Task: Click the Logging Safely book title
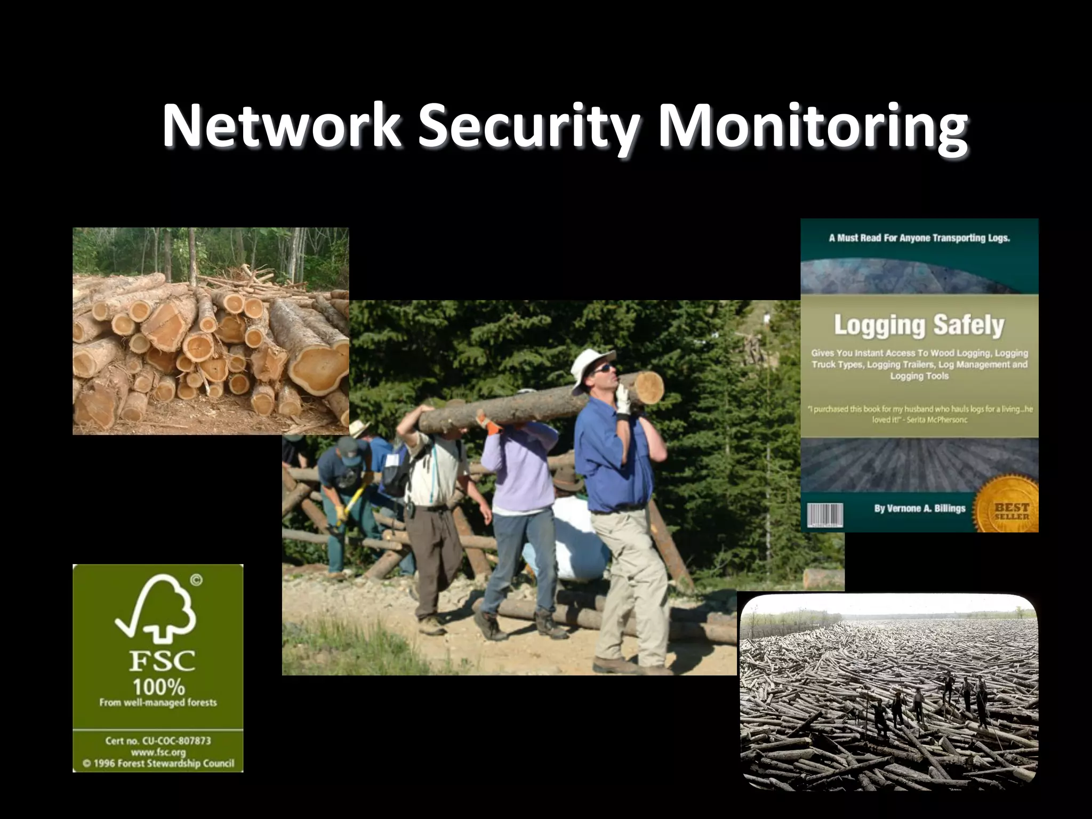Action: tap(919, 325)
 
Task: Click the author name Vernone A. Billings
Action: tap(919, 508)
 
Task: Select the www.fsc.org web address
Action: tap(158, 752)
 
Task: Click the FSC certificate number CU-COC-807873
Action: tap(158, 741)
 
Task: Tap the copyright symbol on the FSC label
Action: tap(196, 580)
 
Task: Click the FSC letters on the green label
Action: tap(162, 662)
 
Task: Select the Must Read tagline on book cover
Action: tap(919, 238)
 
